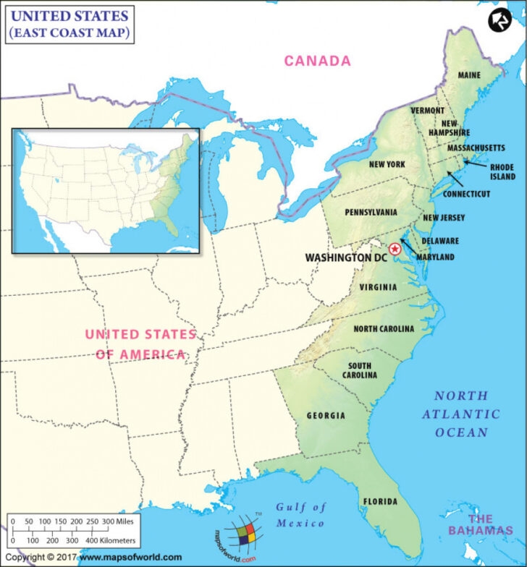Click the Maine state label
[x=469, y=75]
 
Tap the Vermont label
[x=427, y=111]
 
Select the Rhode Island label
[x=502, y=171]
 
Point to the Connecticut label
[x=466, y=194]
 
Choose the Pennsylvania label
[x=371, y=213]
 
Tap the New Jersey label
[x=444, y=218]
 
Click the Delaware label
[x=440, y=240]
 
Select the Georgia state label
[x=326, y=416]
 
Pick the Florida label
[x=380, y=501]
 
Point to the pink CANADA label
[x=317, y=61]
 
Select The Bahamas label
[x=489, y=525]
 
